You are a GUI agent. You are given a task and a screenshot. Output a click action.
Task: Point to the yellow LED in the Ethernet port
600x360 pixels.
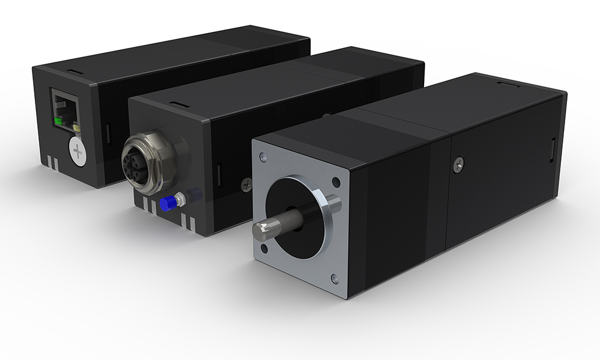pyautogui.click(x=77, y=127)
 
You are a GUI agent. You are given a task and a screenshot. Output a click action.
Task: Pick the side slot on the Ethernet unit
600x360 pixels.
pyautogui.click(x=108, y=133)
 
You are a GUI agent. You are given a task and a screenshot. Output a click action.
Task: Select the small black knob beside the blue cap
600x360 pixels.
pyautogui.click(x=193, y=194)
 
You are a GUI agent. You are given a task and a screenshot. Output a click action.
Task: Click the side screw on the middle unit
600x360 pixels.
pyautogui.click(x=246, y=184)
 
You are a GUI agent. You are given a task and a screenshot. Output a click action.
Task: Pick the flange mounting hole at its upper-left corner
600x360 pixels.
pyautogui.click(x=263, y=158)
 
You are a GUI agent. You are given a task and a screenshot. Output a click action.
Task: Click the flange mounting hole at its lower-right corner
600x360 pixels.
pyautogui.click(x=334, y=280)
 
